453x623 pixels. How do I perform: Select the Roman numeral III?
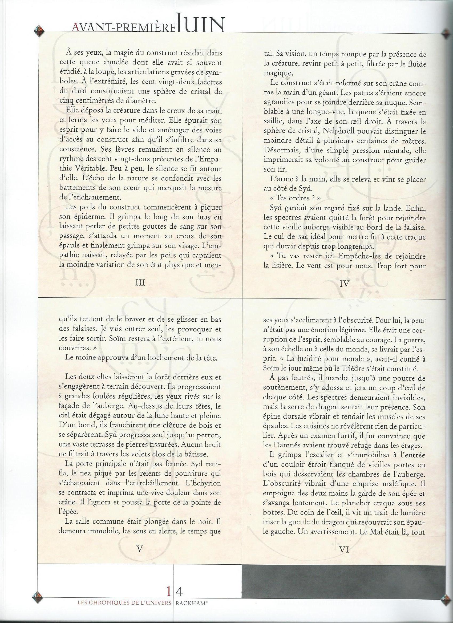click(x=140, y=283)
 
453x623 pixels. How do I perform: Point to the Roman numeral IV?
click(x=344, y=284)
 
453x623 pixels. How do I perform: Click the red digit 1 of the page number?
click(x=168, y=589)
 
